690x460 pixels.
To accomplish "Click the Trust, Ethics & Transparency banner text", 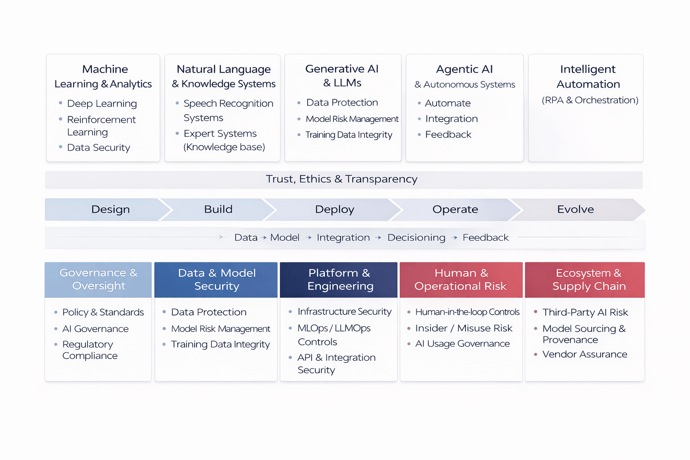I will click(341, 179).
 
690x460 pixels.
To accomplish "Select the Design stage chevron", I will click(111, 209).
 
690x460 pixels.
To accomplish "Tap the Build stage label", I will click(218, 209).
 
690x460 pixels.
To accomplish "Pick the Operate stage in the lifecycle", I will click(455, 209).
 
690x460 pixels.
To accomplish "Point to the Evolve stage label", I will click(575, 209).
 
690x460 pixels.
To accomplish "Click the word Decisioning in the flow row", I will click(416, 238).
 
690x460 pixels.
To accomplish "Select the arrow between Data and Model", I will click(264, 238).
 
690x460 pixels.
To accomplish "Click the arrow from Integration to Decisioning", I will click(378, 238).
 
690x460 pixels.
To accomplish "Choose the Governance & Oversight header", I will click(98, 279).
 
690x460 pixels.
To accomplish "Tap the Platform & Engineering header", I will click(340, 279).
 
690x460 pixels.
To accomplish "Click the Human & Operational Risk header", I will click(461, 279).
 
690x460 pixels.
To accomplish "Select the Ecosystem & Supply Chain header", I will click(588, 279).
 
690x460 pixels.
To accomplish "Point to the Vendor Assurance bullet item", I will click(584, 354).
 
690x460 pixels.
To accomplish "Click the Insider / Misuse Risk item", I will click(464, 328).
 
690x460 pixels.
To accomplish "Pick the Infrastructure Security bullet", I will click(344, 312).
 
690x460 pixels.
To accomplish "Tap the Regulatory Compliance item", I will click(90, 350).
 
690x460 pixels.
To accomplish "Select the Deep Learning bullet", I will click(102, 104).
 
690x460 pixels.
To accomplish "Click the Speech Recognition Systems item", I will click(228, 111).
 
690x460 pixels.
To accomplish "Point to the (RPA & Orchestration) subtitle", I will click(590, 100).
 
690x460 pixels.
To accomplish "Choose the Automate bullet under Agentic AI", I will click(447, 103).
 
